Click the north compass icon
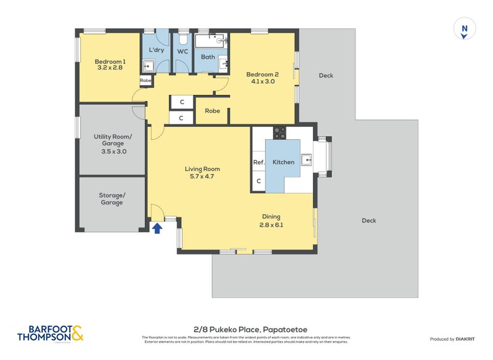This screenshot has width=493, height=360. click(x=465, y=29)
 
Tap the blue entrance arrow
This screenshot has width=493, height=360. click(x=157, y=228)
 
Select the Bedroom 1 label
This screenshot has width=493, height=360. click(x=110, y=62)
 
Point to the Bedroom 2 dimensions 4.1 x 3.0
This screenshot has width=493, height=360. click(x=263, y=82)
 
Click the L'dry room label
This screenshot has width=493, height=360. click(x=157, y=50)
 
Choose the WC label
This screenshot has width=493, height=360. click(x=183, y=51)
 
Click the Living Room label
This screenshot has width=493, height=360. click(x=202, y=169)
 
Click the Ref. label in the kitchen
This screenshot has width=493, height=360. click(x=258, y=162)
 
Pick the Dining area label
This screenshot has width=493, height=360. click(x=271, y=216)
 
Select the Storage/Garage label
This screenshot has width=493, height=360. click(x=112, y=198)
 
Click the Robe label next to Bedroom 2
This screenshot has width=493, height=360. click(x=213, y=112)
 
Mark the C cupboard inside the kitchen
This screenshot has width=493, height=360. click(x=258, y=181)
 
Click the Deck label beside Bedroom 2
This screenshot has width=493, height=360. click(x=325, y=76)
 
